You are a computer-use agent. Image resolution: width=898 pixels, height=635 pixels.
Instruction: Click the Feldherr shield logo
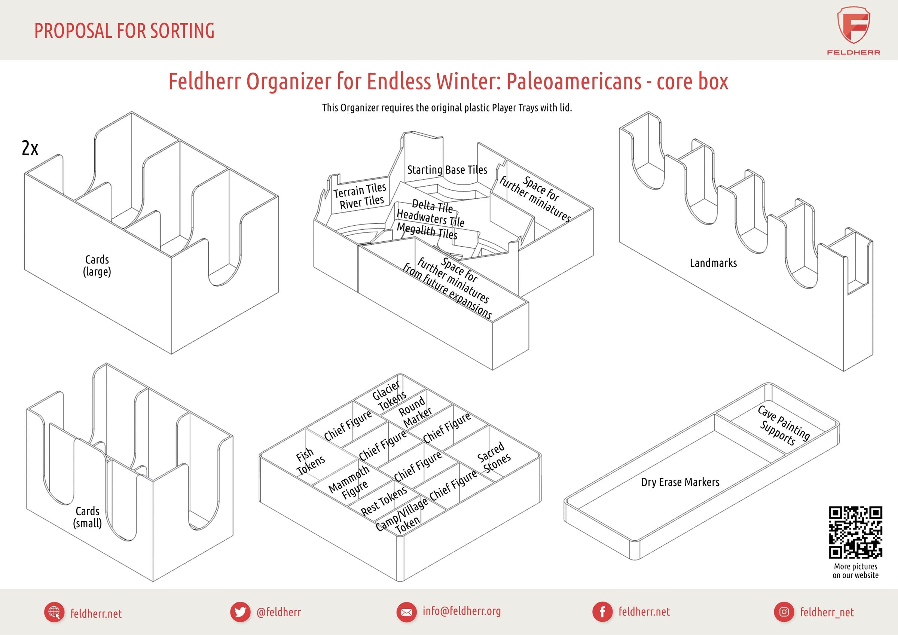click(854, 25)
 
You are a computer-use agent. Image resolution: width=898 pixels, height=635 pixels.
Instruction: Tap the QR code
click(855, 532)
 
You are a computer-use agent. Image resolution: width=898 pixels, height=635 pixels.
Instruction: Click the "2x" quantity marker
click(30, 148)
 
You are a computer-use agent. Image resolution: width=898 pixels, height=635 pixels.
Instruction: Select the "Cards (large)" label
click(97, 266)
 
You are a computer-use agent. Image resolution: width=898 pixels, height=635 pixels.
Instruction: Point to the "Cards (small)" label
click(88, 517)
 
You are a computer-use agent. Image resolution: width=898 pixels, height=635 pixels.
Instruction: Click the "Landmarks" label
click(714, 263)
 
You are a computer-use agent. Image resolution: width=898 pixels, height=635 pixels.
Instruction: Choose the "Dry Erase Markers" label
click(680, 482)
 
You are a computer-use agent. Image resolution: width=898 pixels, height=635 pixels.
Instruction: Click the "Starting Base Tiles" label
click(448, 170)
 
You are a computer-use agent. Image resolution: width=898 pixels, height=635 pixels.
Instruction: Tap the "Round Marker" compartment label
click(415, 412)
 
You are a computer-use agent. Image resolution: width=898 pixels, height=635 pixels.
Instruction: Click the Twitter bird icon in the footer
click(240, 612)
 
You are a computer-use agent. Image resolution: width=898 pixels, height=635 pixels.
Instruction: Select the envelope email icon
click(406, 612)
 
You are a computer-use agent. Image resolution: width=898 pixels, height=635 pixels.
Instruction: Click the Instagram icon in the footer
click(784, 612)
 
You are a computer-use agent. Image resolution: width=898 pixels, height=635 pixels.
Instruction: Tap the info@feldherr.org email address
click(461, 611)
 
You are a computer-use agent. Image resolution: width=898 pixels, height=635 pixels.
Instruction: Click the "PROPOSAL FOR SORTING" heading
click(124, 31)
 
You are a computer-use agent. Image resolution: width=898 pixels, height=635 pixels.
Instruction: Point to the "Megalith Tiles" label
click(427, 231)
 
